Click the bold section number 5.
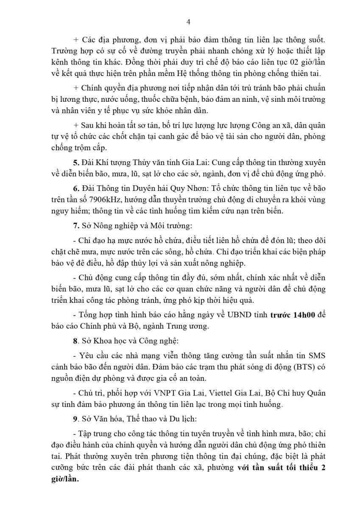(75, 163)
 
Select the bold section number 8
(75, 340)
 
